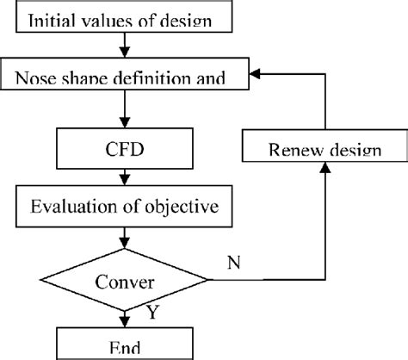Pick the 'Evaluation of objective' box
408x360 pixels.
127,207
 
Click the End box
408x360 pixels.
127,345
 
